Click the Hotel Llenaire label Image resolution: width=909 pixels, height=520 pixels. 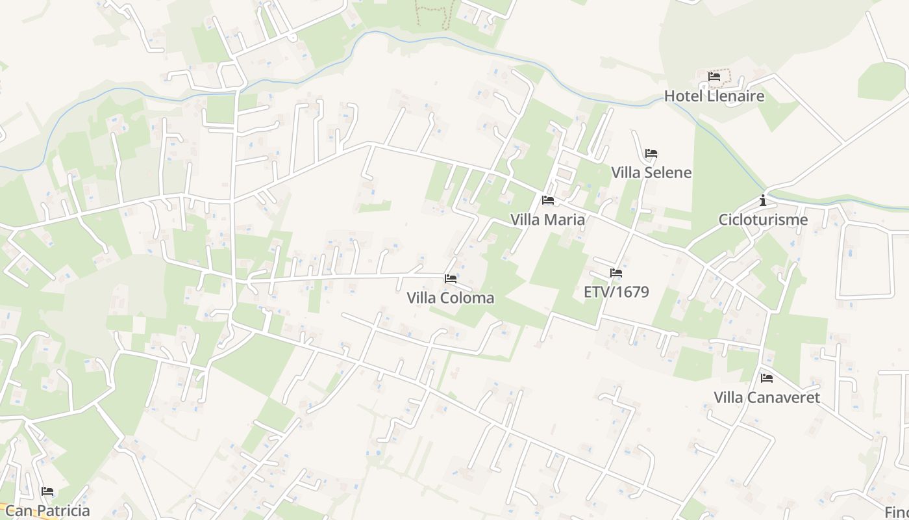(x=714, y=96)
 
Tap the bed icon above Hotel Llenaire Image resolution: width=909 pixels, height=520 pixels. (x=714, y=77)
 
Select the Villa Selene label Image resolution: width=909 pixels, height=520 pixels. (x=651, y=172)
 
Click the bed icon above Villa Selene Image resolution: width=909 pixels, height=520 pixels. (x=651, y=153)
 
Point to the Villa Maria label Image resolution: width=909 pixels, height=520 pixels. (x=547, y=220)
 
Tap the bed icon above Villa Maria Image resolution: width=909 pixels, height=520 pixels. (x=548, y=200)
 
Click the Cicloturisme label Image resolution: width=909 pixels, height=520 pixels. (x=763, y=220)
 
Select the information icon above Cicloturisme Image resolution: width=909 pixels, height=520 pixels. (x=763, y=200)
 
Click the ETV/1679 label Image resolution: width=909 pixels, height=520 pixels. (x=616, y=292)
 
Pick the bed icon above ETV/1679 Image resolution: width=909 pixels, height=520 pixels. (x=616, y=273)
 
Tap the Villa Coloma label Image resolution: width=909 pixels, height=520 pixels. (x=450, y=298)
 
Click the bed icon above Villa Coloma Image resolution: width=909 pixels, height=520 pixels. (x=451, y=279)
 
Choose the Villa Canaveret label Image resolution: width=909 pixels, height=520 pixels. (x=767, y=397)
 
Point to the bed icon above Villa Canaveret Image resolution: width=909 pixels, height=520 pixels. (x=767, y=378)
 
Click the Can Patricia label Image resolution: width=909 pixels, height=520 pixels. (x=47, y=510)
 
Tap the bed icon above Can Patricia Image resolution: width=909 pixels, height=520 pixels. (x=47, y=491)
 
